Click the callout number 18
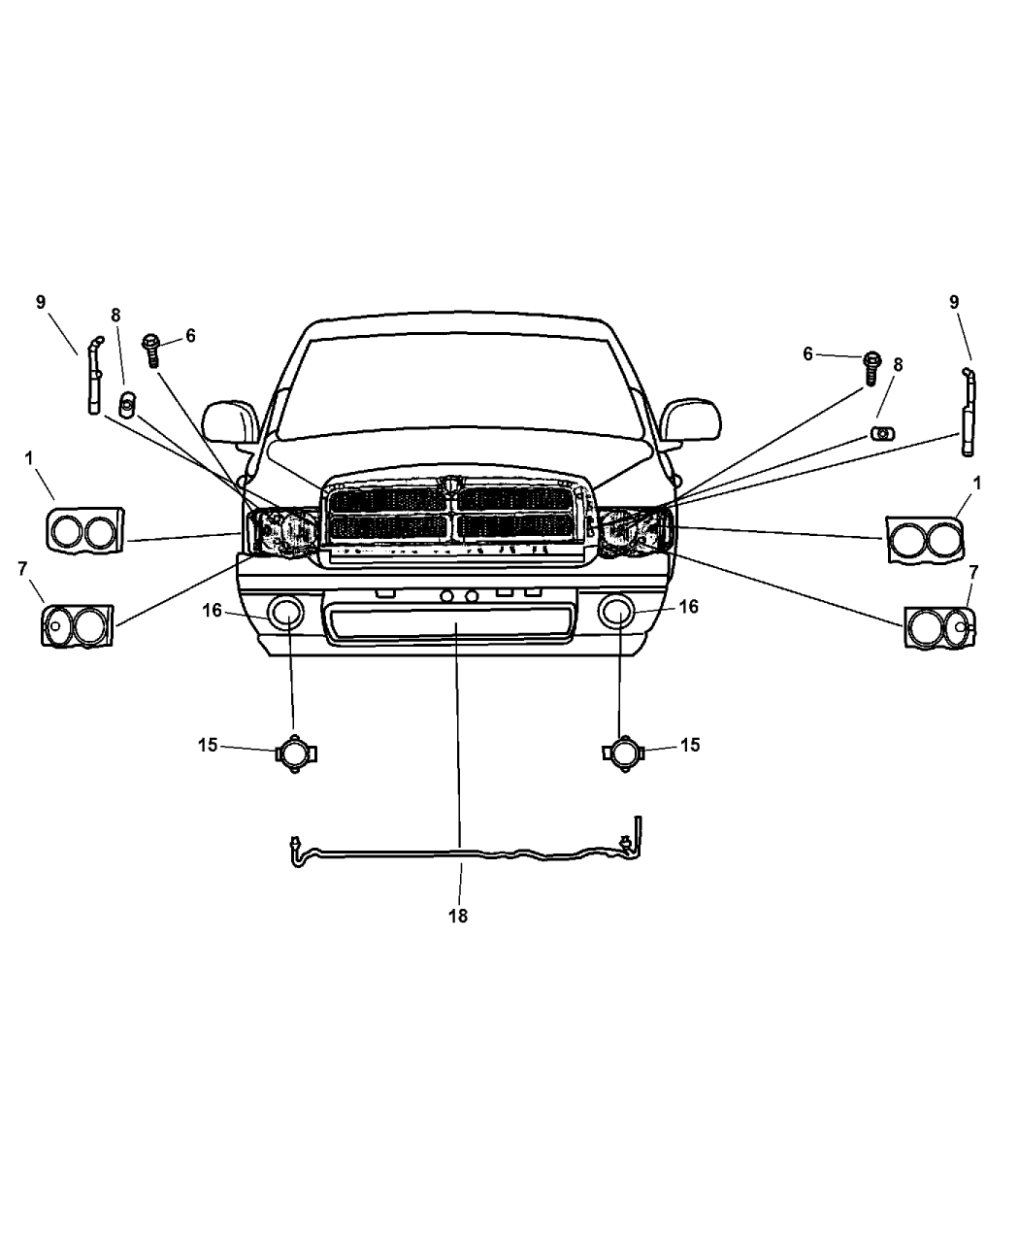pyautogui.click(x=458, y=916)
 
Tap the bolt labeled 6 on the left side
pyautogui.click(x=151, y=350)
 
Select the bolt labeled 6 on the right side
pyautogui.click(x=872, y=368)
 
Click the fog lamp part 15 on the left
pyautogui.click(x=296, y=753)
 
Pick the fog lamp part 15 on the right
pyautogui.click(x=624, y=753)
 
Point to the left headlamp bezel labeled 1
pyautogui.click(x=84, y=531)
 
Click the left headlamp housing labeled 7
pyautogui.click(x=77, y=626)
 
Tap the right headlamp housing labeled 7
pyautogui.click(x=939, y=627)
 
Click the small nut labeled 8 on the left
pyautogui.click(x=127, y=404)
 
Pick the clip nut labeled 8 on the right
pyautogui.click(x=882, y=433)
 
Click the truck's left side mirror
pyautogui.click(x=230, y=422)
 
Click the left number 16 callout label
pyautogui.click(x=212, y=610)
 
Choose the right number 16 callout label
pyautogui.click(x=688, y=607)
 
